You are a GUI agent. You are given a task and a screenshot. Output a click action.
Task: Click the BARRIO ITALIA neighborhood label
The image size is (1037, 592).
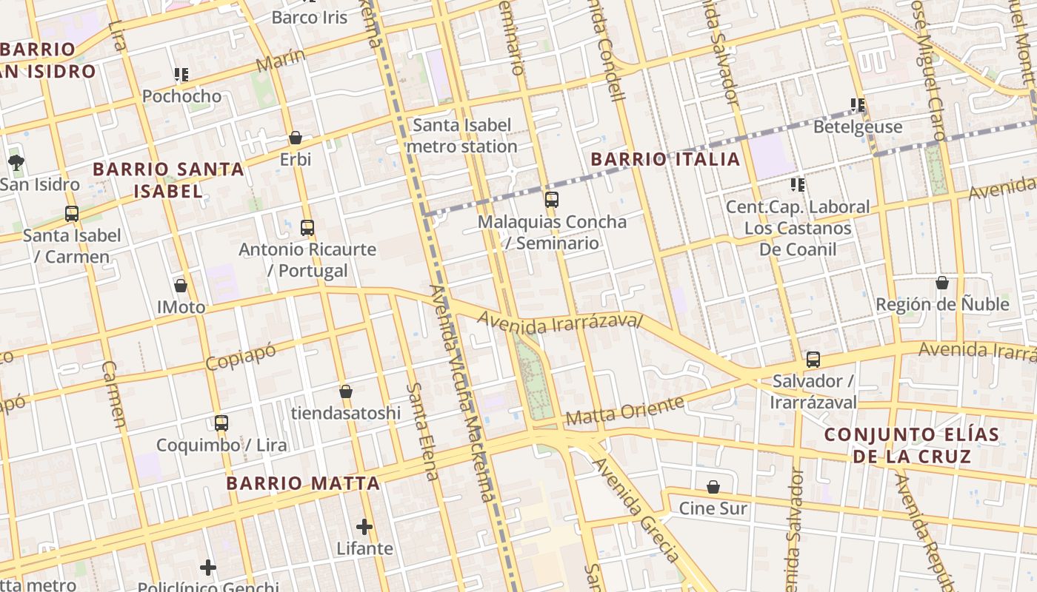(665, 159)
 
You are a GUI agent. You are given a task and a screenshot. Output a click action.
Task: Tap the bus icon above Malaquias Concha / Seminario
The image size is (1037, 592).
(552, 199)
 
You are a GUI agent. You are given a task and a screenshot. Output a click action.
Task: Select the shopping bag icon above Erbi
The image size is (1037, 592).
(296, 138)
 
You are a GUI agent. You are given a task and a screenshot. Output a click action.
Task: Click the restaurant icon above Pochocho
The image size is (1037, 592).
(181, 74)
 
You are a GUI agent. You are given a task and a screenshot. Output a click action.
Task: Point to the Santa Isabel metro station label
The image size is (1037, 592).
(461, 135)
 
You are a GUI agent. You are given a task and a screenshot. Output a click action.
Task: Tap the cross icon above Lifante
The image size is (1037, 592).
(364, 527)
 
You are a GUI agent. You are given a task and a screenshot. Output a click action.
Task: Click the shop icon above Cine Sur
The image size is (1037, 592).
(713, 487)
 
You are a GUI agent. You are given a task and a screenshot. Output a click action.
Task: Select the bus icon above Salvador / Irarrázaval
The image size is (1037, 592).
(813, 360)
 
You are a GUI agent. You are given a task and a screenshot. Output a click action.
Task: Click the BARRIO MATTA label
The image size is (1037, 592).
(302, 484)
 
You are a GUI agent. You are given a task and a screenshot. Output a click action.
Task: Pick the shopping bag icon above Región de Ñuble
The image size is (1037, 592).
(942, 283)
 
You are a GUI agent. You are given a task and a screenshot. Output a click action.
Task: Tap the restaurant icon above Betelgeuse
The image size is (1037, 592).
(858, 105)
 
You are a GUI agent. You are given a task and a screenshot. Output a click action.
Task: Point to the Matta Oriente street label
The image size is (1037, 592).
(624, 411)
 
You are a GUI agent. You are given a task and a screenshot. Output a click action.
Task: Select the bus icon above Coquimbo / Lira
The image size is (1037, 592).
(221, 423)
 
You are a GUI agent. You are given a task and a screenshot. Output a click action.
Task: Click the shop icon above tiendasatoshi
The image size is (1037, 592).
(345, 391)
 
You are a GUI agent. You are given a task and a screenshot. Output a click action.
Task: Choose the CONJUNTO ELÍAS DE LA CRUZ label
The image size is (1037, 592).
(912, 445)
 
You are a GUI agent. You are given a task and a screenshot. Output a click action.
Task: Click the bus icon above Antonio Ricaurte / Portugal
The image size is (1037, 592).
(307, 228)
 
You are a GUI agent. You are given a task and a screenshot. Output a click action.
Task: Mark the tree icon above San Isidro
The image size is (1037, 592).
(16, 162)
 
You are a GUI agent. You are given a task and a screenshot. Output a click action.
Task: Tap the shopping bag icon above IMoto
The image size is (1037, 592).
(181, 285)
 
